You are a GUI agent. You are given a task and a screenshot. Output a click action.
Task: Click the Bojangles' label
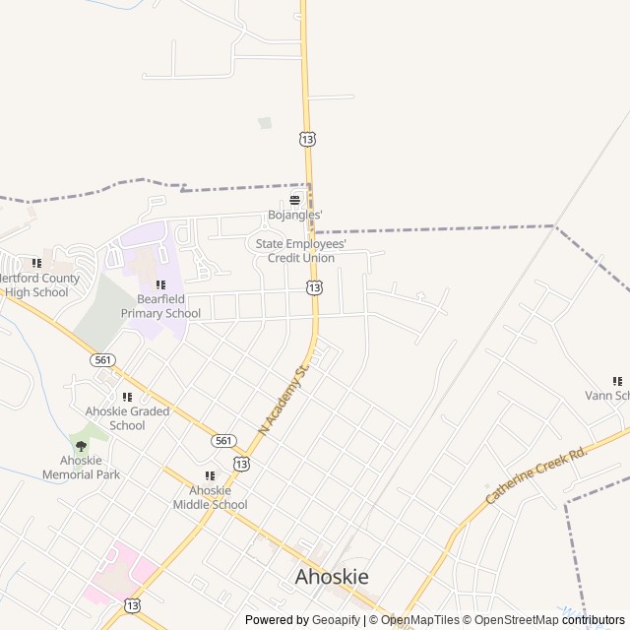pyautogui.click(x=294, y=215)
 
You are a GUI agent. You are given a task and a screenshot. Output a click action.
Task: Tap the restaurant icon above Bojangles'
pyautogui.click(x=293, y=199)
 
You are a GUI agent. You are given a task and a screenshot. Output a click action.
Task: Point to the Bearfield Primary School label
pyautogui.click(x=160, y=306)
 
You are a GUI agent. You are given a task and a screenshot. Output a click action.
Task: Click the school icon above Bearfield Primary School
pyautogui.click(x=160, y=284)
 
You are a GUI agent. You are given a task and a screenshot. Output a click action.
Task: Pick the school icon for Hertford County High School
pyautogui.click(x=36, y=263)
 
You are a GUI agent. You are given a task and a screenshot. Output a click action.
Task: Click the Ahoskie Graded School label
pyautogui.click(x=127, y=418)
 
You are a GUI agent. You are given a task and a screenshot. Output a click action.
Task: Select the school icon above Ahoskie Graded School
pyautogui.click(x=127, y=397)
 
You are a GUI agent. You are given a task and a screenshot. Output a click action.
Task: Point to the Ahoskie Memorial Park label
pyautogui.click(x=81, y=467)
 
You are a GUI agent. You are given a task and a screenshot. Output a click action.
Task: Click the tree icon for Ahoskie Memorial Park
pyautogui.click(x=81, y=446)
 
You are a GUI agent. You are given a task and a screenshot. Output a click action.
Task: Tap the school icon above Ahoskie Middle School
pyautogui.click(x=209, y=476)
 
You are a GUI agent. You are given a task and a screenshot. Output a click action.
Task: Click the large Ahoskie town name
pyautogui.click(x=332, y=578)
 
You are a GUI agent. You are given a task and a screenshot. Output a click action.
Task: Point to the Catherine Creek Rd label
pyautogui.click(x=535, y=473)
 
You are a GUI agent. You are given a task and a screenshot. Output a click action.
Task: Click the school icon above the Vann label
pyautogui.click(x=617, y=381)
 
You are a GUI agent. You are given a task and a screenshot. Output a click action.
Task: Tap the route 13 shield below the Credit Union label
pyautogui.click(x=313, y=287)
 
